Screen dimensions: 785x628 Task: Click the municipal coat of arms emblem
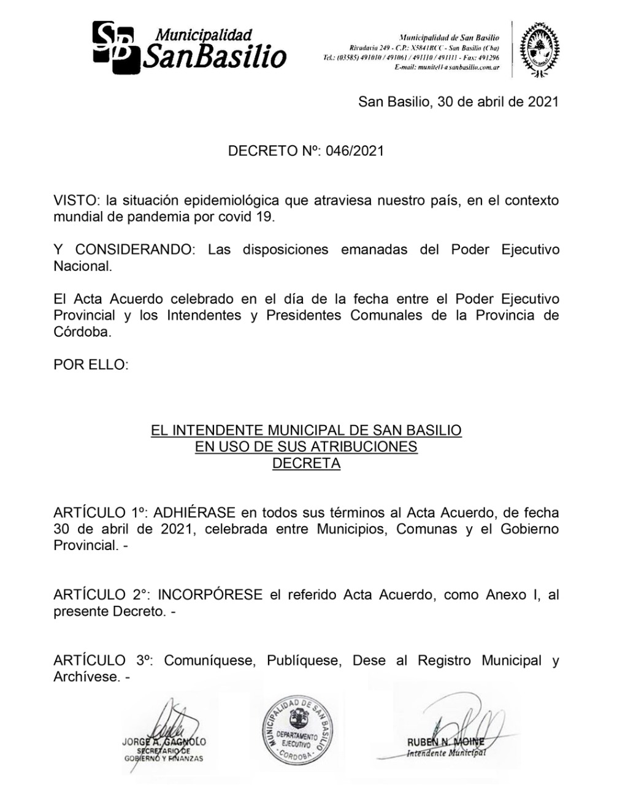540,49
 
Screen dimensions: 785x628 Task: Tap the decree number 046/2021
354,150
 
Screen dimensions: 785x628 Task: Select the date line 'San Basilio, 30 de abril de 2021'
458,101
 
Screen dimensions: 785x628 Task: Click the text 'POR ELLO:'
91,365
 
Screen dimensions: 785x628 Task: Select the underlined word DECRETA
306,463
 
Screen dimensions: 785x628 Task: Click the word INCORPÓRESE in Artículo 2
210,594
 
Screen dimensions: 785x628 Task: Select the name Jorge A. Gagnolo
164,741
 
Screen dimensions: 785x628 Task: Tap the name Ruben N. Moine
445,742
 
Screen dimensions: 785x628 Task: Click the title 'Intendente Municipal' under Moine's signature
446,753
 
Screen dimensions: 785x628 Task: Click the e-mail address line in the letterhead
447,67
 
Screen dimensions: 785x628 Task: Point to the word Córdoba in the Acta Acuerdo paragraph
82,332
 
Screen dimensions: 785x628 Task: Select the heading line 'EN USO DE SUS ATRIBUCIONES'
306,446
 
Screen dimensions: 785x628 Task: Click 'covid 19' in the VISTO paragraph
248,216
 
